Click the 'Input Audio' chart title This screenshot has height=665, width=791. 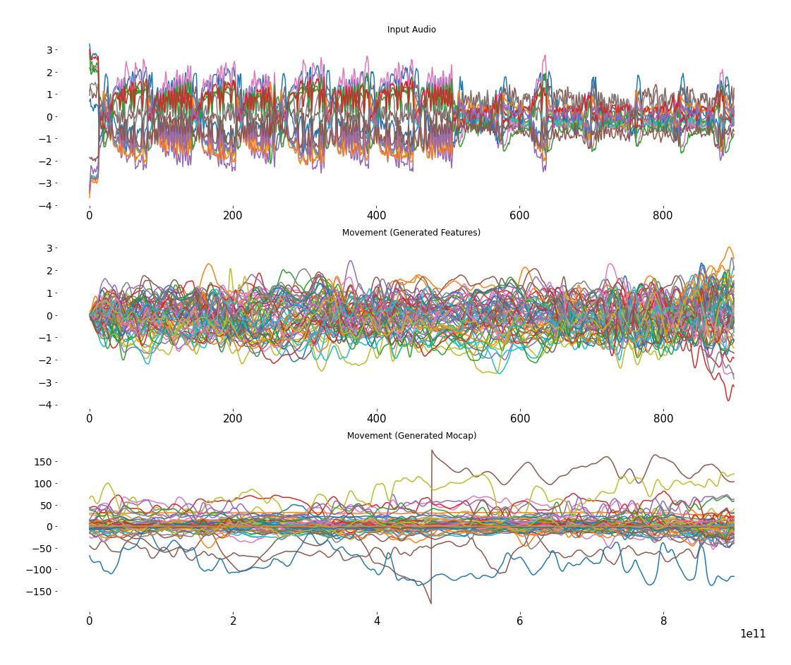[411, 30]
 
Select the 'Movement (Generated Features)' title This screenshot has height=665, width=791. [411, 233]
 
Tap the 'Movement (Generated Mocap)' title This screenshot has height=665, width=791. [411, 436]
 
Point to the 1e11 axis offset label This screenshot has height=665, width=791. [752, 634]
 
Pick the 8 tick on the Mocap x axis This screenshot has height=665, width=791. [663, 621]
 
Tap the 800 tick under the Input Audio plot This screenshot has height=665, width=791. [663, 215]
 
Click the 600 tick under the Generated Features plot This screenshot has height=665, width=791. [520, 418]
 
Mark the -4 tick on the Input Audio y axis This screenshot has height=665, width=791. [47, 206]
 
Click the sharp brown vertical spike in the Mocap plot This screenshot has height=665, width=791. [432, 525]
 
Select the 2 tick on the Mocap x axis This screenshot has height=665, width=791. [233, 621]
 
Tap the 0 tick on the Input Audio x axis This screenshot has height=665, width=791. [90, 215]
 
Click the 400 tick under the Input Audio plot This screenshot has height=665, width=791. [376, 215]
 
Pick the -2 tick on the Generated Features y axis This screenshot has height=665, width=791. [47, 360]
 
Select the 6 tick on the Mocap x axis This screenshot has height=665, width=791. [520, 621]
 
